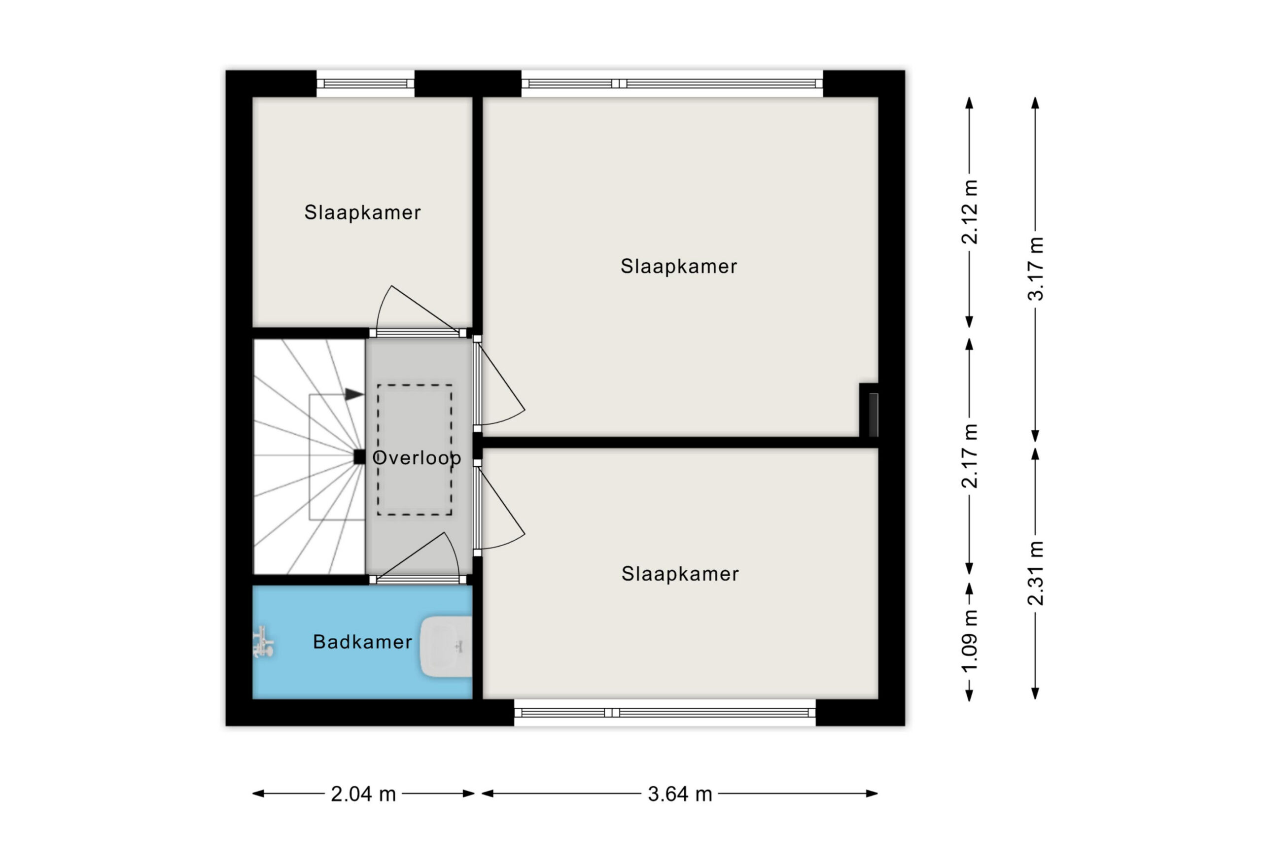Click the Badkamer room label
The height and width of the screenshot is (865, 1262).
tap(362, 642)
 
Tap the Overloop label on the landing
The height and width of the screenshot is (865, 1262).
tap(417, 458)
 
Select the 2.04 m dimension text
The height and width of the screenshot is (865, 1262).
tap(363, 795)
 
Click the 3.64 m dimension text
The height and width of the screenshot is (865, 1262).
tap(680, 795)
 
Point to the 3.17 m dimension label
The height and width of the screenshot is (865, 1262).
tap(1036, 269)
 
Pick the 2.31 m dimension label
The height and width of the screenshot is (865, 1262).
tap(1036, 573)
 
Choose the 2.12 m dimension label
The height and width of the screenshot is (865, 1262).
tap(970, 212)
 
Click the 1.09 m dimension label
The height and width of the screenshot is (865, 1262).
tap(970, 641)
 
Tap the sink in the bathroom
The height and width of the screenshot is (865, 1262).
tap(446, 646)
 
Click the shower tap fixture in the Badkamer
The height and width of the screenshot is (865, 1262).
tap(264, 642)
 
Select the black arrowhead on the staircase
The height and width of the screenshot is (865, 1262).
tap(354, 394)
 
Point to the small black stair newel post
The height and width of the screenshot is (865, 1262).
tap(359, 457)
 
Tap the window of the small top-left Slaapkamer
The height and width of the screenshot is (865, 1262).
tap(365, 84)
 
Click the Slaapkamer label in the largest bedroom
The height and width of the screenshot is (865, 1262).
tap(679, 267)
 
